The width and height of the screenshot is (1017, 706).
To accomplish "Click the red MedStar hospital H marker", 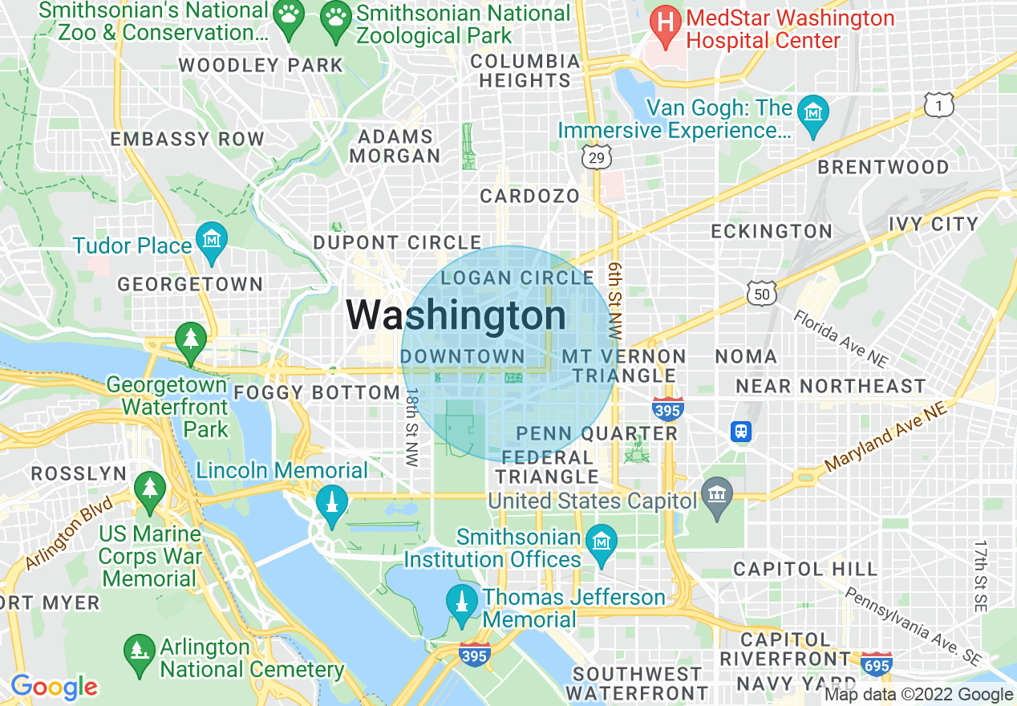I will [665, 21].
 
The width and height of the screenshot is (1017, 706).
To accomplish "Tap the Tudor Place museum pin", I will [212, 241].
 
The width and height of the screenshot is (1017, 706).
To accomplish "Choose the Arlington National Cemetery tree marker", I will [140, 650].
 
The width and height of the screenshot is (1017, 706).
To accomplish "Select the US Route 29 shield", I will [596, 158].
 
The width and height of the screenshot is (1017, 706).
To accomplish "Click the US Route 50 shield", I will [761, 294].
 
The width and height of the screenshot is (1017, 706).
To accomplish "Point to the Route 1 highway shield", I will [938, 105].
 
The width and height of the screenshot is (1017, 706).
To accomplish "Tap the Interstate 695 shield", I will [876, 665].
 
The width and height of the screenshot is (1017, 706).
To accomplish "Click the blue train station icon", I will [741, 432].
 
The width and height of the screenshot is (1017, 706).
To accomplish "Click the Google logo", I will [54, 687].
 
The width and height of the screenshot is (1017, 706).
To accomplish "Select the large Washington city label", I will [456, 315].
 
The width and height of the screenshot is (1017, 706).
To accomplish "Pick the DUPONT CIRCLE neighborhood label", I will [397, 242].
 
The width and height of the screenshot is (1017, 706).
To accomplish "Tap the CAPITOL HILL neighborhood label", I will [805, 569].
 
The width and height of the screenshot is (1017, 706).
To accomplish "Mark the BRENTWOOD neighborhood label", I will [883, 167].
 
